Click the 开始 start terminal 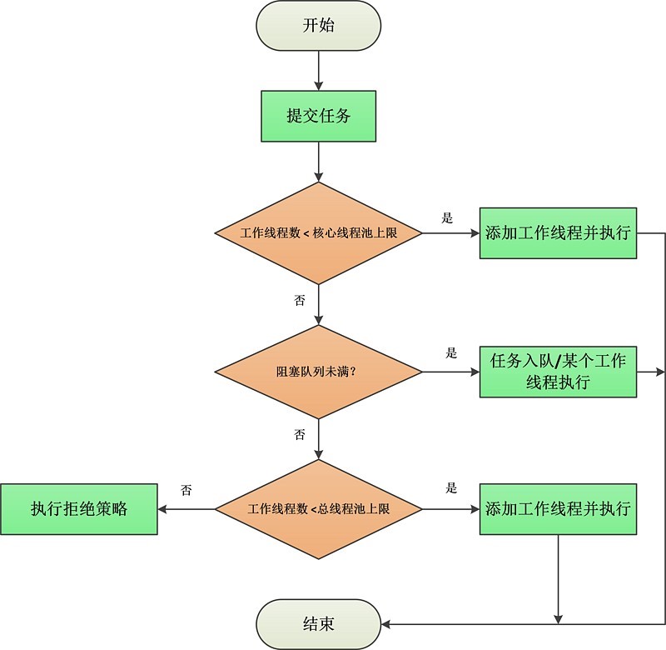coord(319,25)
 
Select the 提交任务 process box coord(319,116)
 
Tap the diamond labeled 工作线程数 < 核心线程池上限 coord(319,233)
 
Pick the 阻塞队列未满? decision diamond coord(319,371)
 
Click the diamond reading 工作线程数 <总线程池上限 coord(319,508)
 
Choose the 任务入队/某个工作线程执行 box coord(558,372)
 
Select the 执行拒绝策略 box coord(79,508)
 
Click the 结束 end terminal coord(319,623)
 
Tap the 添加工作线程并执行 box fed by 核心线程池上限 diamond coord(558,233)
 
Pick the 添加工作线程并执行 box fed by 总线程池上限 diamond coord(558,508)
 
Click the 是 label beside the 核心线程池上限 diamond coord(447,218)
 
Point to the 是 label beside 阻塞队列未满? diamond coord(452,353)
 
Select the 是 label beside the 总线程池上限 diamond coord(452,488)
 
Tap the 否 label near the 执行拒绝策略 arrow coord(186,490)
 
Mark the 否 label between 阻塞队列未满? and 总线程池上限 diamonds coord(300,434)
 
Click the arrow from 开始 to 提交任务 coord(319,71)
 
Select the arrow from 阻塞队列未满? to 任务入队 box coord(450,371)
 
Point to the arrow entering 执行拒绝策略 coord(187,508)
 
